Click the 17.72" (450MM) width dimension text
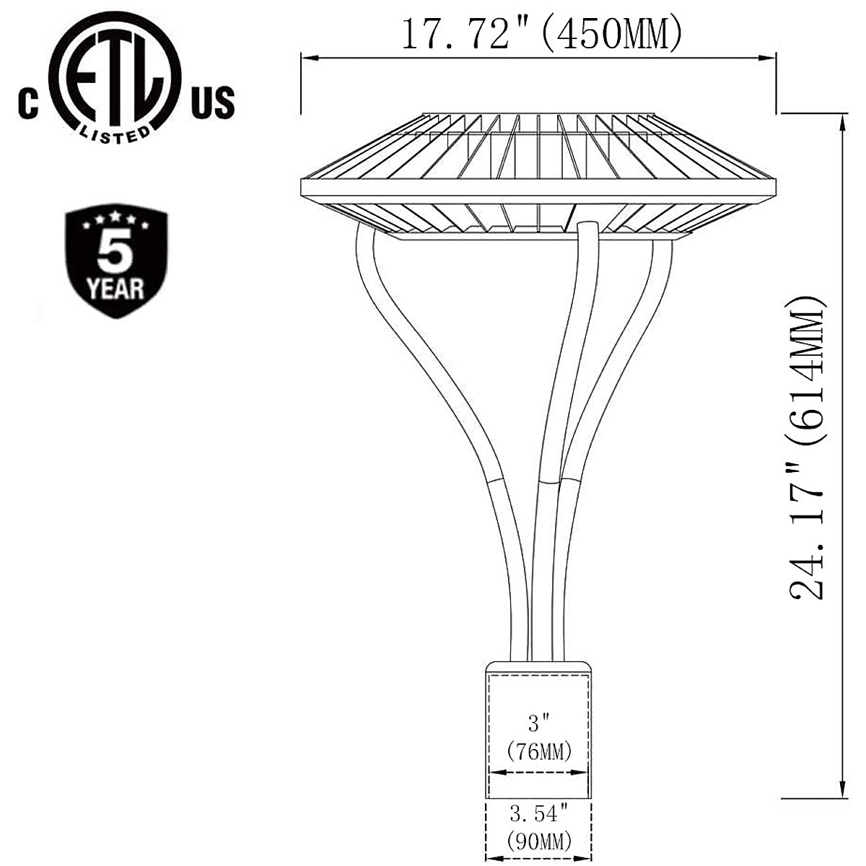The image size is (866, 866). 541,34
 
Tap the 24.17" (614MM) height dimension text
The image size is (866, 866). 806,447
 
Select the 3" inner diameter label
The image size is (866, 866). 540,722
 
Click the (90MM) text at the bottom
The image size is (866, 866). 540,841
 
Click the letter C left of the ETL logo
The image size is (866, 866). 28,103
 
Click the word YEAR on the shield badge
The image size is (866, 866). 115,289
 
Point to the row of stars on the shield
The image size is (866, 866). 115,220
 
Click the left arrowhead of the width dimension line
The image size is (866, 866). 306,59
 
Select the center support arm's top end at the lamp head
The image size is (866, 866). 587,229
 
